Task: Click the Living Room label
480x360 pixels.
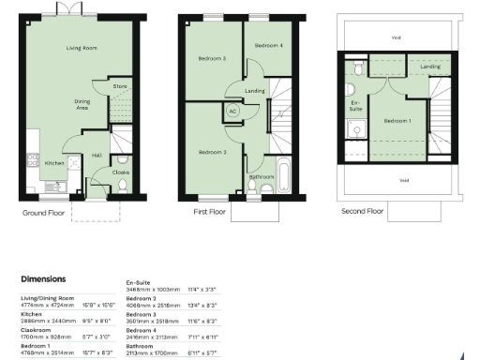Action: (82, 47)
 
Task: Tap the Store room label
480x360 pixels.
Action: (119, 87)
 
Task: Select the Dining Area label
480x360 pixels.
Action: (82, 105)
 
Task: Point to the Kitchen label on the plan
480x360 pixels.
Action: (55, 162)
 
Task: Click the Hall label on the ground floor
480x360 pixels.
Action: (97, 156)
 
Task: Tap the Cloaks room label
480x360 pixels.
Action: (121, 172)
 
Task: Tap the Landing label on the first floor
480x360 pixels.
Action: (254, 91)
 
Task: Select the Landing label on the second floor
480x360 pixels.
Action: (430, 67)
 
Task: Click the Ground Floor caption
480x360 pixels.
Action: (45, 213)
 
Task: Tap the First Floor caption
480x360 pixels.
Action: (211, 213)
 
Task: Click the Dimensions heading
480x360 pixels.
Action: (43, 278)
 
